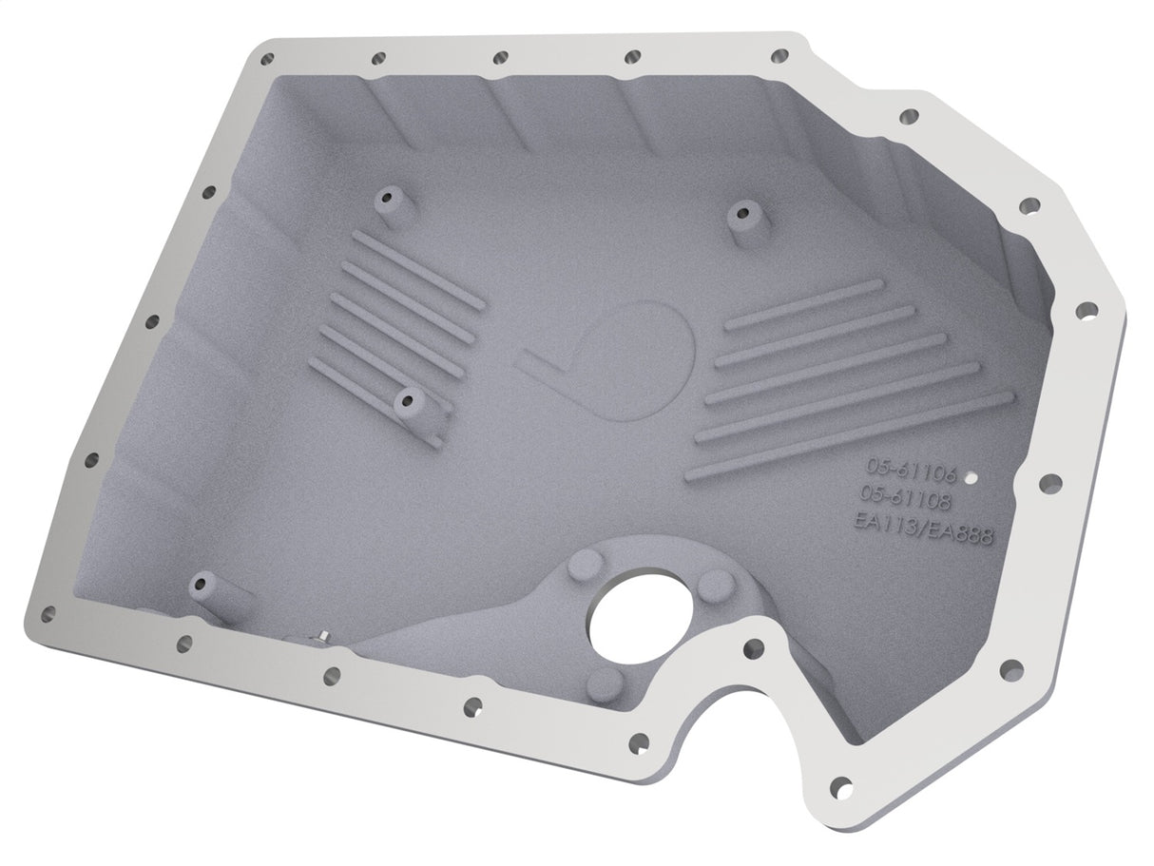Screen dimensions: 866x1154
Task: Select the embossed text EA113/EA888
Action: pos(923,529)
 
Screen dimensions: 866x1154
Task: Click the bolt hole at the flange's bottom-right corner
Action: pos(840,785)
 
